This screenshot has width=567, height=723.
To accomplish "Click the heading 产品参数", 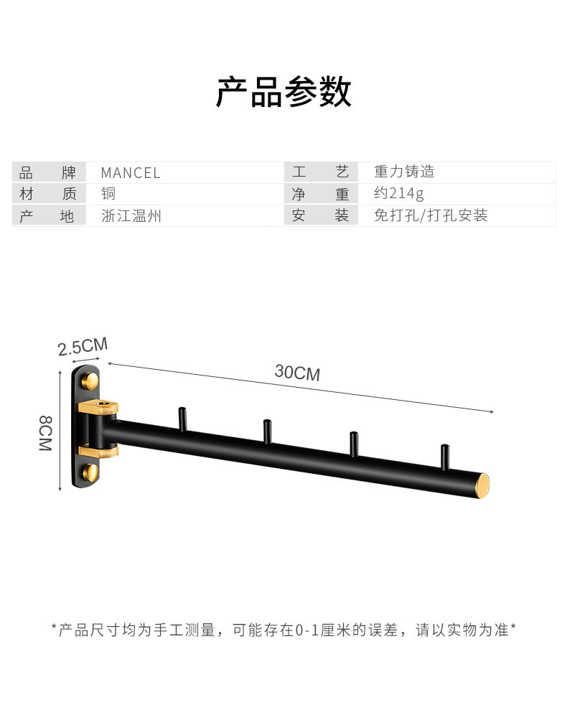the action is click(x=283, y=92).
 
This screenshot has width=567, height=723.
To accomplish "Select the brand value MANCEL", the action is click(x=131, y=173).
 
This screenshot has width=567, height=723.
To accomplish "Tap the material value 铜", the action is click(x=108, y=194).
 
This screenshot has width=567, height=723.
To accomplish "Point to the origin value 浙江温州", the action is click(x=132, y=215).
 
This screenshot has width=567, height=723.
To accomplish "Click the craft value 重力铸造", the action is click(x=404, y=172).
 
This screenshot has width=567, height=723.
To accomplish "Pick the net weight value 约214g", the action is click(x=399, y=194).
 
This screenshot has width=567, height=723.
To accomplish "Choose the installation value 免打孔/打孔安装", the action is click(x=431, y=215).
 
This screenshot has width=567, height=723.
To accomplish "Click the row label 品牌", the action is click(x=47, y=173).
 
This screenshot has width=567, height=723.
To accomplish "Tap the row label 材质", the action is click(x=47, y=194).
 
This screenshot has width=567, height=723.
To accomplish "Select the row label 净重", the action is click(x=320, y=194).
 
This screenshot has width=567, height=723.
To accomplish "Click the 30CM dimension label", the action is click(x=297, y=373).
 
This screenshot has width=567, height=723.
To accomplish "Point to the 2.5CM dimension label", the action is click(x=83, y=347).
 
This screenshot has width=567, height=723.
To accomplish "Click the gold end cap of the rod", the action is click(x=487, y=486).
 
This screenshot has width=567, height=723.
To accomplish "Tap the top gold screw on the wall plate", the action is click(x=91, y=379).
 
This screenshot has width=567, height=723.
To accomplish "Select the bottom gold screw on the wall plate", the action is click(x=91, y=472).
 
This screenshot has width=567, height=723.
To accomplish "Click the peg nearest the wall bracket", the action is click(x=182, y=419).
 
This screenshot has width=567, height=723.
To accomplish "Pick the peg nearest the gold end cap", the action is click(x=445, y=457).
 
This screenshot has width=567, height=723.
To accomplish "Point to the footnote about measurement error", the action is click(x=283, y=630).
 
